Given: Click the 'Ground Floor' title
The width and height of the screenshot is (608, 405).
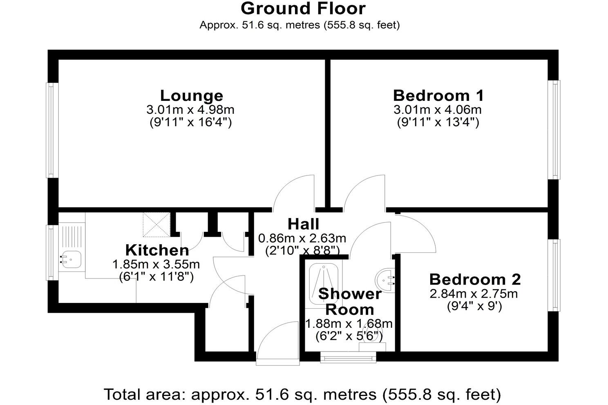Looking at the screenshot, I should (x=303, y=9).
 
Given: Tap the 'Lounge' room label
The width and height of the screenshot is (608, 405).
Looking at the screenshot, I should (x=191, y=96).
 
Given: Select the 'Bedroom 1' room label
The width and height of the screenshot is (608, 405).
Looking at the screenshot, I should (x=438, y=96).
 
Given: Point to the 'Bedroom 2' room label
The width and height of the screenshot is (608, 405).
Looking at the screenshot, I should (x=475, y=280).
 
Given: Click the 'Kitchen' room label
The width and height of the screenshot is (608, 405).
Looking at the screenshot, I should (x=157, y=250).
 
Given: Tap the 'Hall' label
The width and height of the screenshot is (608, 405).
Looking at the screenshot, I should (x=303, y=224).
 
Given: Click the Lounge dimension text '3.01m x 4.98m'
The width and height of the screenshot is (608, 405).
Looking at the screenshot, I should (x=190, y=110).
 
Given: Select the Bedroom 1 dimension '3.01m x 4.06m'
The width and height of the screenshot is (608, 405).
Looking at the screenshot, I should (x=438, y=110).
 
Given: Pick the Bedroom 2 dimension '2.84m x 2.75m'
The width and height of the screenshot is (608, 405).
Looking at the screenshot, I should (x=474, y=294).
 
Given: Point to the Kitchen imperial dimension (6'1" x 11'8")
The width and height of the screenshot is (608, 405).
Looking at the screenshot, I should (x=156, y=277).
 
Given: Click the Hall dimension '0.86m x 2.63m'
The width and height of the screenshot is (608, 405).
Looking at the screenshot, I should (x=302, y=238).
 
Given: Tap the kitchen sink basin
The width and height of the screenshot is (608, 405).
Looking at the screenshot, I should (x=71, y=258).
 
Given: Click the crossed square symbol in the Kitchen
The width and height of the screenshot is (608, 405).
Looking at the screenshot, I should (x=156, y=225).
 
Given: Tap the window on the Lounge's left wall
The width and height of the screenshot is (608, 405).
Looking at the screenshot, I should (x=51, y=130).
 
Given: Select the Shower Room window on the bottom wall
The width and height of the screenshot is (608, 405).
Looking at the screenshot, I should (x=348, y=358).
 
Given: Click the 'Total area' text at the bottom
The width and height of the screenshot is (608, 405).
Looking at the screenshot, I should (x=302, y=394).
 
